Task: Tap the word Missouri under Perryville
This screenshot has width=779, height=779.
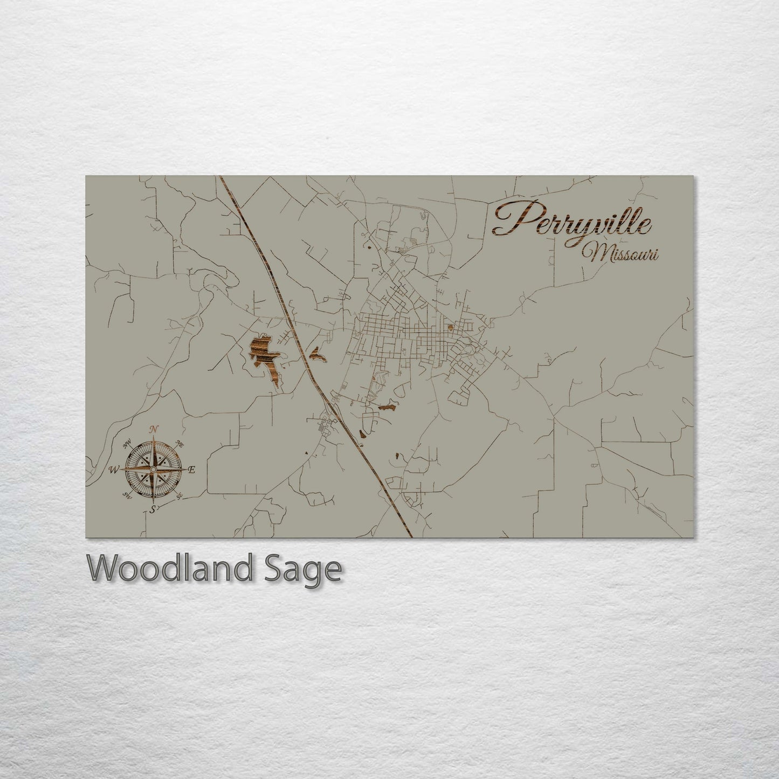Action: pos(623,253)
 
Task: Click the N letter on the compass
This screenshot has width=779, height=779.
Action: pos(154,429)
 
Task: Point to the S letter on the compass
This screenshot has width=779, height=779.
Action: pos(153,508)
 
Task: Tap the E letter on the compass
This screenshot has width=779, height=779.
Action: pos(191,470)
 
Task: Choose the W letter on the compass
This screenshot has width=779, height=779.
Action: pos(114,470)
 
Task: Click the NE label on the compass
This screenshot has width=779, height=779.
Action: pos(180,443)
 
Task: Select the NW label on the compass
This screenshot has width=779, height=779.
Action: pos(128,443)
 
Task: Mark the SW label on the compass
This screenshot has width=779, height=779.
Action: pos(127,495)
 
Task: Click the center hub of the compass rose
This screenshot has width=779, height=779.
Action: pos(153,470)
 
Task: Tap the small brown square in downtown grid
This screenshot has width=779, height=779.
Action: pos(451,326)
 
